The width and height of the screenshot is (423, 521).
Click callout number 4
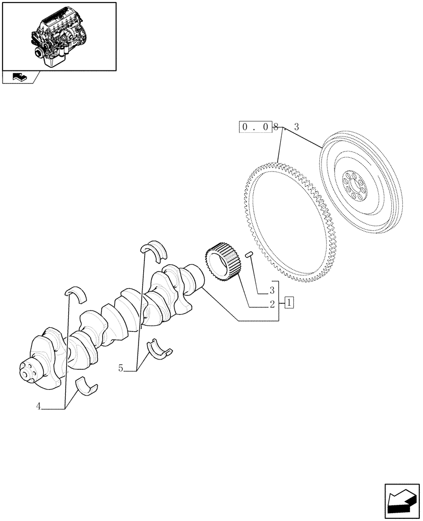coord(39,406)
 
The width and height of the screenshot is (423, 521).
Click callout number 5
coord(121,368)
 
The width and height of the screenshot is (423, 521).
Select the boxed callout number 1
coord(290,302)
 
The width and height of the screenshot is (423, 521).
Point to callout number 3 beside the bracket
coord(272,289)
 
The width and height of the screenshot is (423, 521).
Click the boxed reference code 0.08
coord(256,127)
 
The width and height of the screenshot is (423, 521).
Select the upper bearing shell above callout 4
coord(76,294)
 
